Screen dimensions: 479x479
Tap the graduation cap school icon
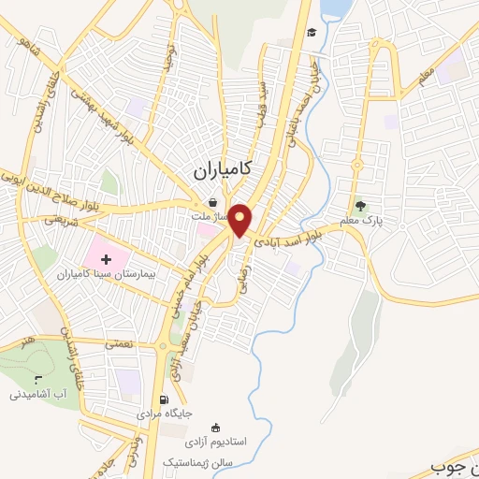click(x=311, y=33)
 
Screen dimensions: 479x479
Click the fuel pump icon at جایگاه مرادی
click(x=166, y=399)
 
